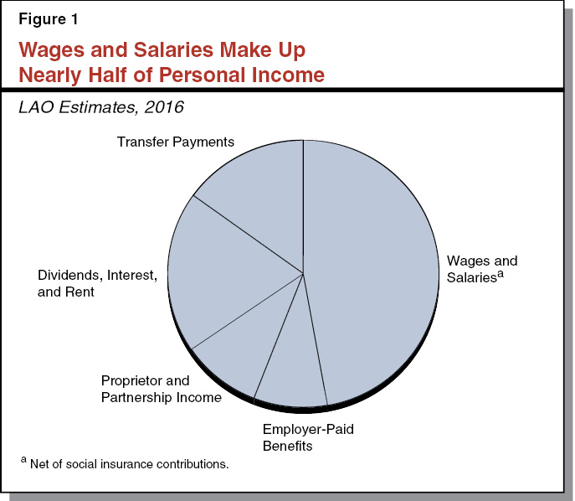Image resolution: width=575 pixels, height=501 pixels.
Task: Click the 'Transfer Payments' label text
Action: coord(175,142)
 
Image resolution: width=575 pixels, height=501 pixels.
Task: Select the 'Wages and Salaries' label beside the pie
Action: coord(482,269)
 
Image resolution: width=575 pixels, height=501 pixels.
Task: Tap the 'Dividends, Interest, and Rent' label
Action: coord(97,284)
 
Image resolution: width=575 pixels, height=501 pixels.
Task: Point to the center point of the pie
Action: coord(303,272)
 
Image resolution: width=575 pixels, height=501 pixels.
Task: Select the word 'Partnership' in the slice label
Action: coord(137,397)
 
